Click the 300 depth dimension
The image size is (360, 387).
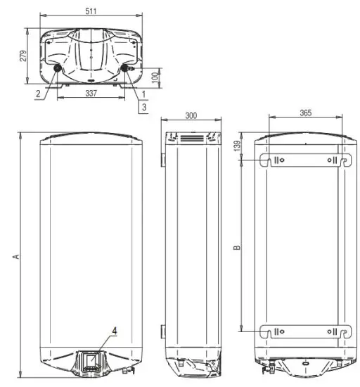coord(191,115)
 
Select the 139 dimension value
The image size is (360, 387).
coord(239,144)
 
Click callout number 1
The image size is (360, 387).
coord(143,93)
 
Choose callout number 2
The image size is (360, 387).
coord(37,93)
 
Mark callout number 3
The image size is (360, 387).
coord(143,106)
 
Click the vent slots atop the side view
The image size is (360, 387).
coord(191,139)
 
